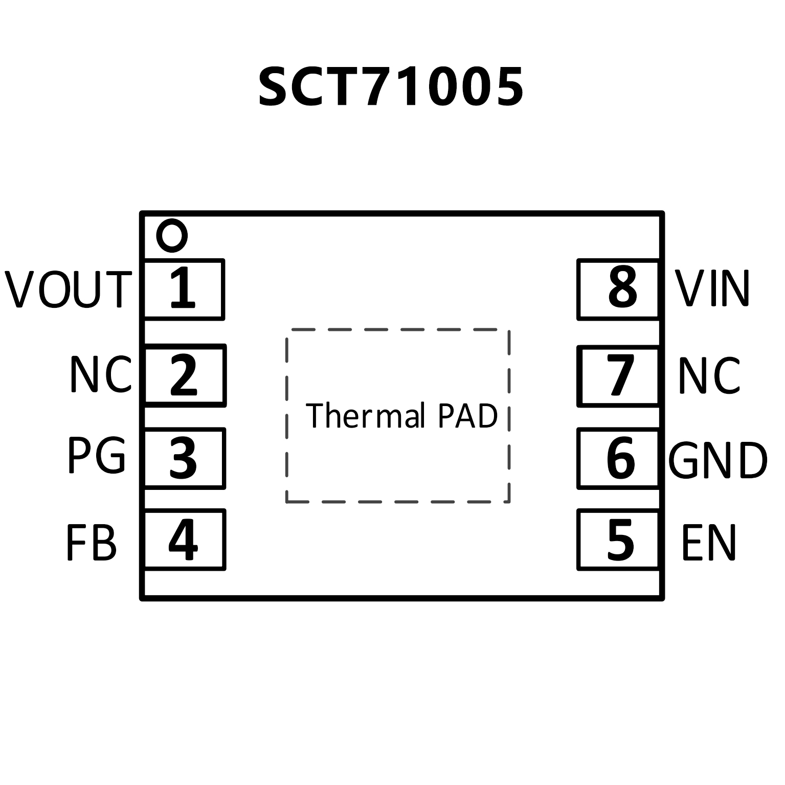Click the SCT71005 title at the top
pyautogui.click(x=391, y=87)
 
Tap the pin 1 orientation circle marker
pyautogui.click(x=172, y=236)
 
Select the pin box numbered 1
pyautogui.click(x=184, y=289)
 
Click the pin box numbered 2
pyautogui.click(x=185, y=375)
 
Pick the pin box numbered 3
pyautogui.click(x=184, y=458)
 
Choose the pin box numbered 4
pyautogui.click(x=185, y=540)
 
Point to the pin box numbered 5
pyautogui.click(x=618, y=540)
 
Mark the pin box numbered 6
pyautogui.click(x=618, y=458)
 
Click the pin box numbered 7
pyautogui.click(x=618, y=376)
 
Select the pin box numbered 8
pyautogui.click(x=618, y=289)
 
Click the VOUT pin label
pyautogui.click(x=69, y=289)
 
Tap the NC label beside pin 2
pyautogui.click(x=101, y=375)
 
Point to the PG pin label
pyautogui.click(x=97, y=456)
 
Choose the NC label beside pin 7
pyautogui.click(x=709, y=376)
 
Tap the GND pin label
pyautogui.click(x=718, y=460)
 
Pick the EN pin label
pyautogui.click(x=709, y=543)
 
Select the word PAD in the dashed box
pyautogui.click(x=467, y=416)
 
